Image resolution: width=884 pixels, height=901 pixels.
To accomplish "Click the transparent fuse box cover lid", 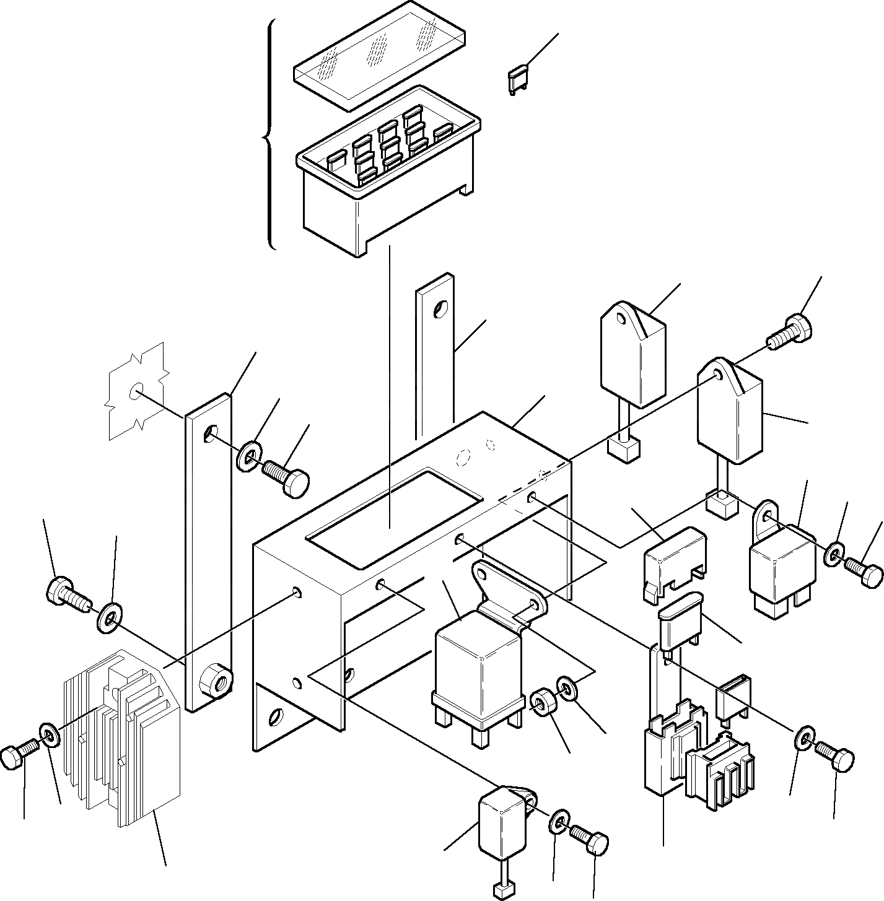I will point(379,54).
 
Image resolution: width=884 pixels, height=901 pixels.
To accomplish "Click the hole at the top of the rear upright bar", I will point(440,308).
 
